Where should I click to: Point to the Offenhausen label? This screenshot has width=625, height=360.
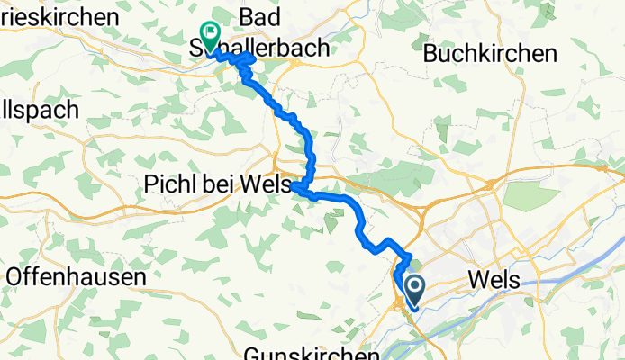coord(76,276)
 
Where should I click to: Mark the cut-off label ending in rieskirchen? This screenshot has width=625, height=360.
coord(59,17)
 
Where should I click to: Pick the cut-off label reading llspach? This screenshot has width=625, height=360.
coord(41,110)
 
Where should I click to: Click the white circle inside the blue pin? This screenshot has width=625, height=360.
coord(415,288)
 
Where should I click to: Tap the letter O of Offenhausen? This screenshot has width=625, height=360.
coord(14,276)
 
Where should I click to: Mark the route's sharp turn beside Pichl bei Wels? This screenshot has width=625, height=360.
coord(294,185)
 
